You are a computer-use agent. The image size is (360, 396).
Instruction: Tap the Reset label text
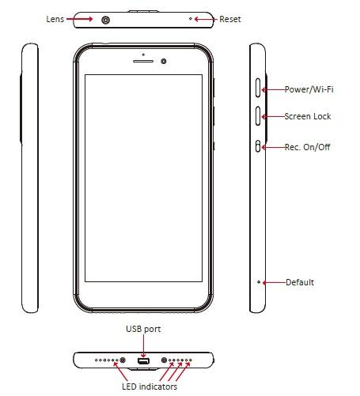pos(230,19)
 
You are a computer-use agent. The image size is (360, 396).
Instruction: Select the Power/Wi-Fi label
pos(309,89)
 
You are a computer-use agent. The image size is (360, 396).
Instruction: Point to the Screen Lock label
pos(308,116)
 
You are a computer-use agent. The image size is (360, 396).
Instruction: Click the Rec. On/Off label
pos(307,147)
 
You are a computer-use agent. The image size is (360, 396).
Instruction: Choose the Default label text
pos(300,282)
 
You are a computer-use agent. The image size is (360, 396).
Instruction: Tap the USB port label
pos(143,329)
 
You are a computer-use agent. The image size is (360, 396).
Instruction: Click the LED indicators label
pos(150,387)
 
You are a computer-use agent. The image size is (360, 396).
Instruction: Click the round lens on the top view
pos(106,19)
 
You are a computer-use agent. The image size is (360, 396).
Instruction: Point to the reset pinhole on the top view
pos(190,19)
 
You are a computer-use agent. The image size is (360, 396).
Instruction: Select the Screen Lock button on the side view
pos(260,117)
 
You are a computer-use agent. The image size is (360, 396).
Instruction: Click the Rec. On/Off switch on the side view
pos(260,146)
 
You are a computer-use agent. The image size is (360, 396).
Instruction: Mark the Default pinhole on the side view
pos(259,281)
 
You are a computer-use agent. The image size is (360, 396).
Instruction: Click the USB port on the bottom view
pos(144,361)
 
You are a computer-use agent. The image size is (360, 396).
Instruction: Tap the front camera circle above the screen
pos(164,61)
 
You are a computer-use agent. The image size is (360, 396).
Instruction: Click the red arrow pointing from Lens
pos(83,19)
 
